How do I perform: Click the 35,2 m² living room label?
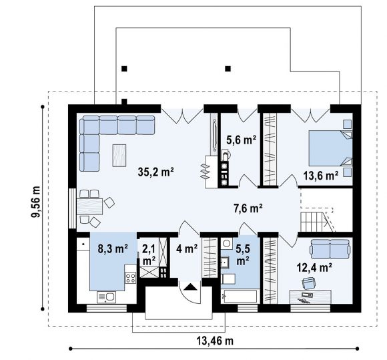pyautogui.click(x=156, y=172)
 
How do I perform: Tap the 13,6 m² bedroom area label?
pyautogui.click(x=320, y=176)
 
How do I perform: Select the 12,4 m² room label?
pyautogui.click(x=314, y=267)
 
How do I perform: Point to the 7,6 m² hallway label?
pyautogui.click(x=248, y=208)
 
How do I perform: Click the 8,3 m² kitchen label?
pyautogui.click(x=113, y=248)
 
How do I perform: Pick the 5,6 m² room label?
pyautogui.click(x=241, y=140)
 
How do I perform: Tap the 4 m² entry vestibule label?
pyautogui.click(x=187, y=248)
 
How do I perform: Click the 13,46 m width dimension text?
pyautogui.click(x=215, y=341)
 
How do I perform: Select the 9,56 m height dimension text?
pyautogui.click(x=35, y=202)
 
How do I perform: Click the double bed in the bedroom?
pyautogui.click(x=330, y=148)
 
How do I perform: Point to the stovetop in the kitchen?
pyautogui.click(x=130, y=277)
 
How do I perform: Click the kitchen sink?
pyautogui.click(x=106, y=297)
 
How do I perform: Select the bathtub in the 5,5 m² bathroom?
pyautogui.click(x=240, y=296)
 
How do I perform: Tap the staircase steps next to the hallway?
pyautogui.click(x=312, y=222)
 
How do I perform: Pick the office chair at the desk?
pyautogui.click(x=309, y=283)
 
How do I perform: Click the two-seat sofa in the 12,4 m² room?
pyautogui.click(x=330, y=249)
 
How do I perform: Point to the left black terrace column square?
pyautogui.click(x=124, y=69)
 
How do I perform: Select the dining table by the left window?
pyautogui.click(x=89, y=206)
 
